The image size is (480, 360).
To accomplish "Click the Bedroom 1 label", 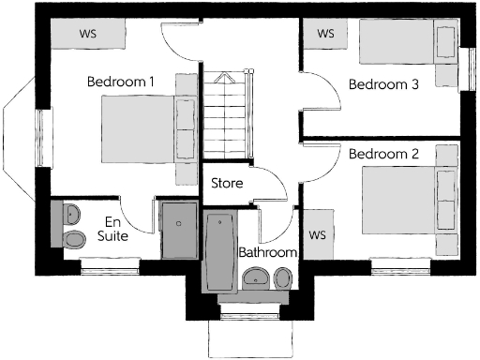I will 121,82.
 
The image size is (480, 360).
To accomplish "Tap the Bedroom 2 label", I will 382,153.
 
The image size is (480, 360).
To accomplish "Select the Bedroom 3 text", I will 382,84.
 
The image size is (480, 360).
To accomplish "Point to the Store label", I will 227,183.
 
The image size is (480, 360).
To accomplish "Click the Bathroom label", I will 267,252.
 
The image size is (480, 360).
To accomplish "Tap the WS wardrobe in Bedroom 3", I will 326,34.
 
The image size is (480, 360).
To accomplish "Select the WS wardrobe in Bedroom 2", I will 318,233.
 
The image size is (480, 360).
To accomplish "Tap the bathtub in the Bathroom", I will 219,250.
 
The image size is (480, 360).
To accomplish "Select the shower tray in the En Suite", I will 178,229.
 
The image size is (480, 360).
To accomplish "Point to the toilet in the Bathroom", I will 281,277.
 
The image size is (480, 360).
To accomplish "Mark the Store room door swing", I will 273,182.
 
